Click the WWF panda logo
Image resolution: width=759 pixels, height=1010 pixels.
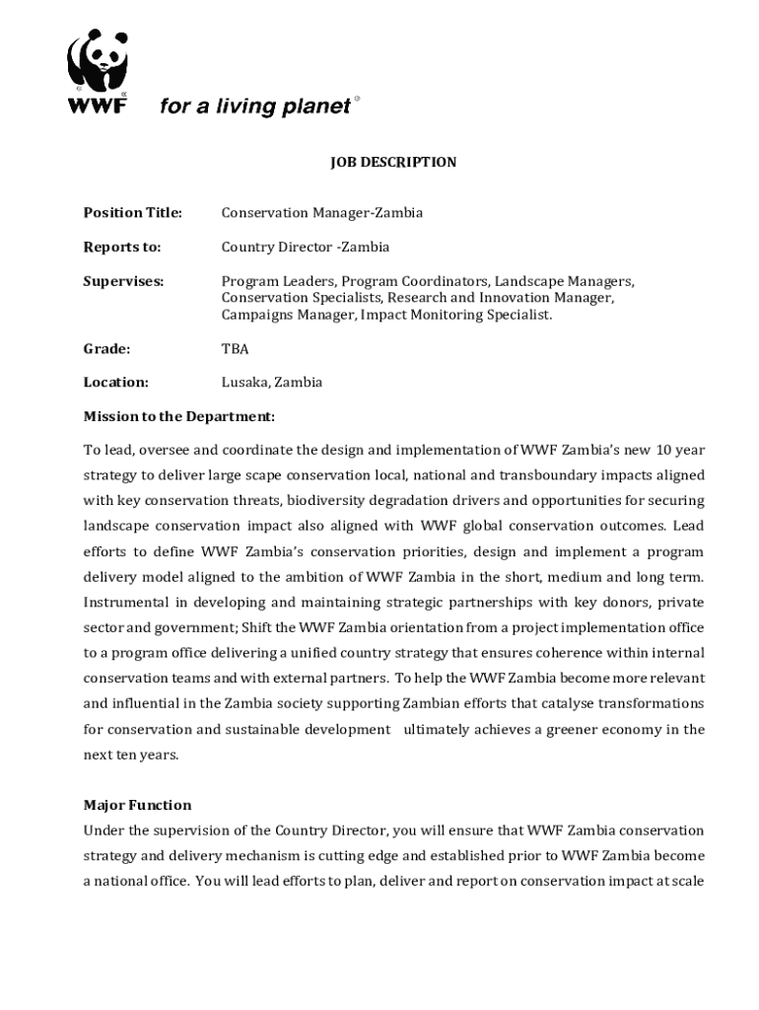tap(97, 61)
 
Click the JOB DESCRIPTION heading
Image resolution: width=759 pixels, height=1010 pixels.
tap(392, 162)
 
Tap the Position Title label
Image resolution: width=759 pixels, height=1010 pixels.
tap(133, 212)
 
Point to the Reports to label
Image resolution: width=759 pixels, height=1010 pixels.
tap(122, 247)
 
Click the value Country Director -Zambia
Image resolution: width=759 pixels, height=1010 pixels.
tap(306, 247)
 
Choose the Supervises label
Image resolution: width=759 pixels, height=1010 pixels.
tap(123, 281)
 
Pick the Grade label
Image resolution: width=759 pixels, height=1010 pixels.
tap(106, 348)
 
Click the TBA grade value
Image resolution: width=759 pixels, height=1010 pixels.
tap(235, 348)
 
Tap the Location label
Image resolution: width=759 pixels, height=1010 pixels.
tap(116, 382)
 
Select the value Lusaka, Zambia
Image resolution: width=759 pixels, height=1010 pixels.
tap(271, 382)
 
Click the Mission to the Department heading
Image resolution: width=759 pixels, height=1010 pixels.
tap(179, 416)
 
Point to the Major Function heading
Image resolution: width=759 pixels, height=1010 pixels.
tap(138, 805)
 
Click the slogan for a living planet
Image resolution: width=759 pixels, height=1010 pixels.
tap(254, 107)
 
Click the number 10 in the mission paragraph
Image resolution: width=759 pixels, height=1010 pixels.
tap(664, 450)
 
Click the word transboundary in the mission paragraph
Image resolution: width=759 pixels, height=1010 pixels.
tap(544, 474)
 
